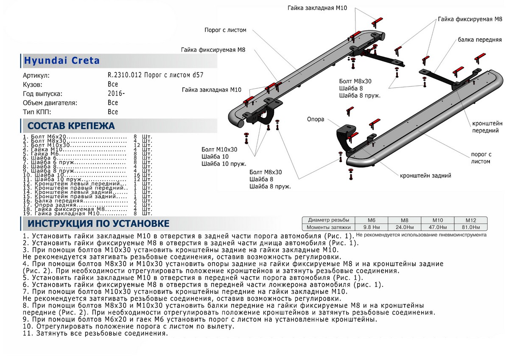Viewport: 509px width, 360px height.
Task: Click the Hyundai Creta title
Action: [62, 61]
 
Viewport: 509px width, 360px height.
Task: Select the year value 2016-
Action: [116, 94]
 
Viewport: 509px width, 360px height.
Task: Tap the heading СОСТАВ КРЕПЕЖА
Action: [71, 126]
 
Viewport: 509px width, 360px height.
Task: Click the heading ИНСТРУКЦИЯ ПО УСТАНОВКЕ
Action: [98, 224]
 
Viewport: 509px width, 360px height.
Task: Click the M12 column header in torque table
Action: [470, 220]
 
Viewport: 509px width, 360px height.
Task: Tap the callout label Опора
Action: [316, 119]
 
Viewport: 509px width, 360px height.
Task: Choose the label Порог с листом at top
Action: [225, 30]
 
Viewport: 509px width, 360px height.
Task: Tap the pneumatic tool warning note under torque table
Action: [422, 234]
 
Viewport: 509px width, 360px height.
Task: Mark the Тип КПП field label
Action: [37, 112]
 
